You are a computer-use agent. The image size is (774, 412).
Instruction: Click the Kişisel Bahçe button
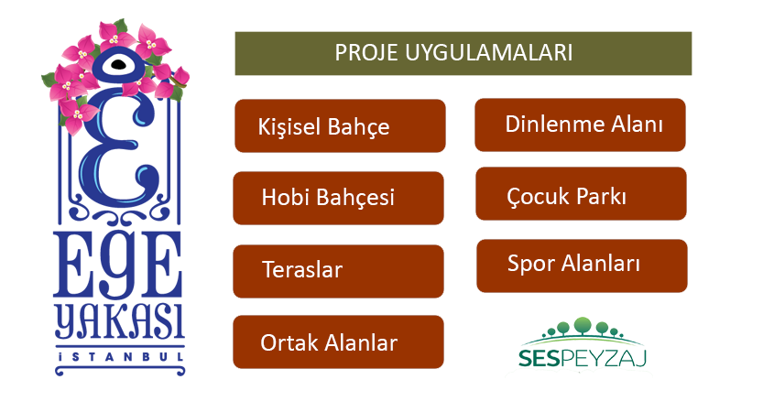pyautogui.click(x=340, y=125)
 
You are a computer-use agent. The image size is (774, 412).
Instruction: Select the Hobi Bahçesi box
pyautogui.click(x=339, y=198)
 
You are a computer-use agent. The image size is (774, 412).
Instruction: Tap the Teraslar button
pyautogui.click(x=339, y=271)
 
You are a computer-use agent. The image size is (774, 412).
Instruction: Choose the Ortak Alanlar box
pyautogui.click(x=339, y=342)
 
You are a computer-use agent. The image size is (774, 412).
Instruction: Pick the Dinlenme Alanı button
pyautogui.click(x=580, y=125)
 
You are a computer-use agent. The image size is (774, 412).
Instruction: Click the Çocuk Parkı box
pyautogui.click(x=581, y=193)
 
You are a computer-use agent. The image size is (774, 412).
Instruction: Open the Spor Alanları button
pyautogui.click(x=582, y=266)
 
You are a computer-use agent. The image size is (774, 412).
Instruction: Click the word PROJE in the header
pyautogui.click(x=366, y=53)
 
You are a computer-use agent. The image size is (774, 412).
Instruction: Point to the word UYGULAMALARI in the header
pyautogui.click(x=489, y=53)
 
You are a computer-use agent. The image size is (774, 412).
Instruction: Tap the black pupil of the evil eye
pyautogui.click(x=118, y=64)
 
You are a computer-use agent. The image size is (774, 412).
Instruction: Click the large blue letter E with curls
pyautogui.click(x=118, y=148)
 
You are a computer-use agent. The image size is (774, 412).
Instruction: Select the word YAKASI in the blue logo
pyautogui.click(x=119, y=320)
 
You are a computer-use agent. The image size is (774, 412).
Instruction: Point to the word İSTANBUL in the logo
pyautogui.click(x=120, y=357)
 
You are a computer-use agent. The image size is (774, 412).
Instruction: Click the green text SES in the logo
pyautogui.click(x=539, y=358)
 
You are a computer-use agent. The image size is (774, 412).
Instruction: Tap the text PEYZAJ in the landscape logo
pyautogui.click(x=604, y=359)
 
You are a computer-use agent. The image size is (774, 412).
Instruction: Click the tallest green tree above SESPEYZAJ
pyautogui.click(x=583, y=325)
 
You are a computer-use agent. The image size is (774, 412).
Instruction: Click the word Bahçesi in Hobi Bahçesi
pyautogui.click(x=354, y=197)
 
